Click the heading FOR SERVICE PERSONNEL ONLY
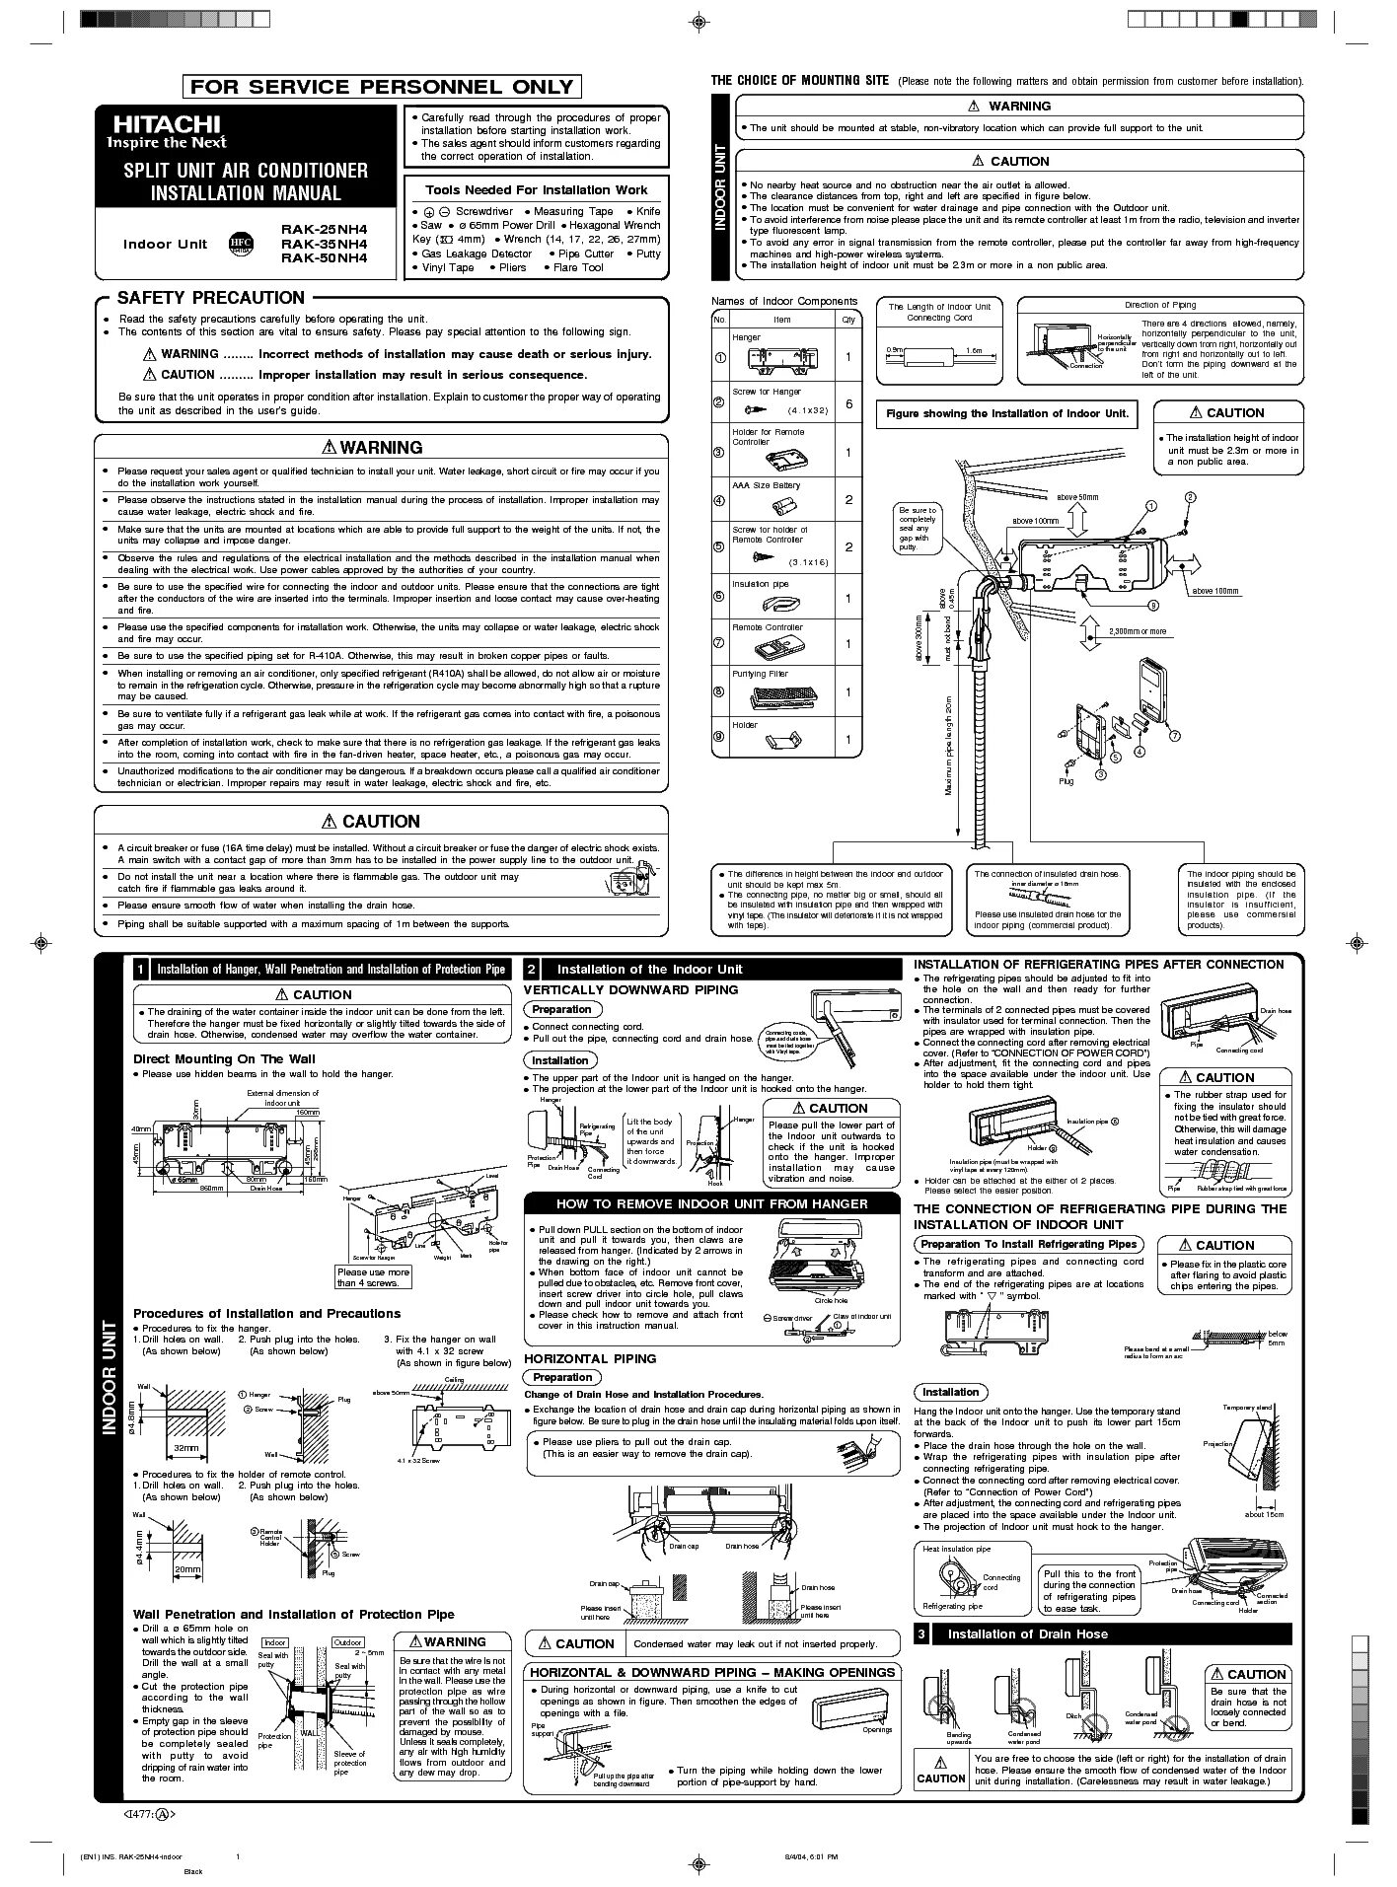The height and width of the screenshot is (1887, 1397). [x=381, y=87]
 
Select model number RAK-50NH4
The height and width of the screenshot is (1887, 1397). [x=324, y=257]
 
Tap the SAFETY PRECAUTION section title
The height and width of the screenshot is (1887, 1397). [x=210, y=298]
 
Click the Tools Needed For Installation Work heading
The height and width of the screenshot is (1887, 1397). [x=536, y=190]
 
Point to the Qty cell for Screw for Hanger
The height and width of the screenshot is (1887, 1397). [x=847, y=404]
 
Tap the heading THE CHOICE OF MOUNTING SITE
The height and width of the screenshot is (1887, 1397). [x=800, y=81]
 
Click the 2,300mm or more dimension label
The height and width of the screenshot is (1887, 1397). [x=1137, y=631]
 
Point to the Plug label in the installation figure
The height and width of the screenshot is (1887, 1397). [x=1066, y=781]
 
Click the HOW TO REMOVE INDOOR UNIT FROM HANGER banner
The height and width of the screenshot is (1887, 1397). [x=711, y=1203]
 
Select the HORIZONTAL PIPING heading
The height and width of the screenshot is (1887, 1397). [x=589, y=1358]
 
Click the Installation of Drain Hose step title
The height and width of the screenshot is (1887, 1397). [x=1027, y=1634]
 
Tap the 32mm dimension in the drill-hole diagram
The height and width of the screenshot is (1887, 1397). [x=184, y=1447]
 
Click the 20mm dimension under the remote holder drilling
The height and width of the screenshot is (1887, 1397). [x=186, y=1568]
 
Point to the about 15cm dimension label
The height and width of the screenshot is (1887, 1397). [x=1264, y=1514]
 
